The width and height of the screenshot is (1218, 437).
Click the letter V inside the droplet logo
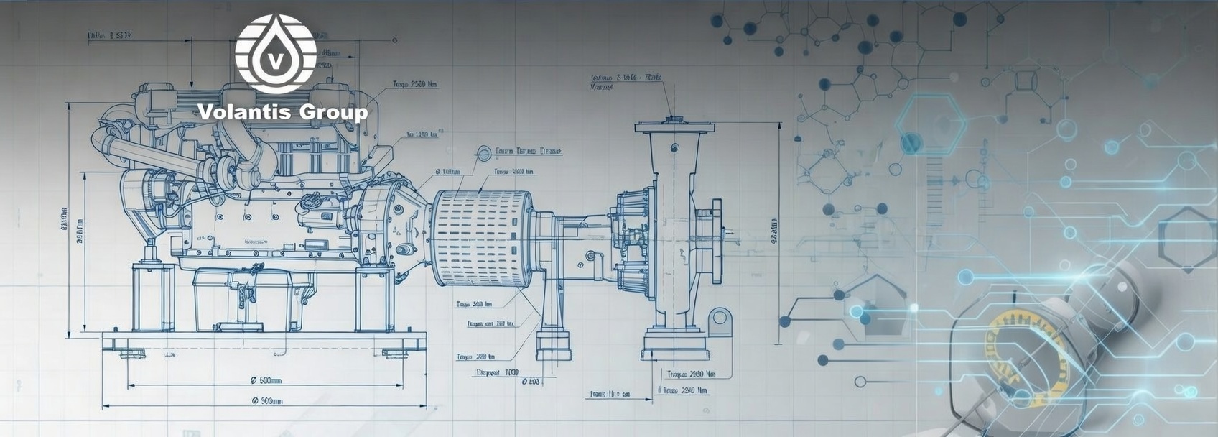point(275,58)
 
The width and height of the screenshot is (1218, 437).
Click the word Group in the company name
point(333,113)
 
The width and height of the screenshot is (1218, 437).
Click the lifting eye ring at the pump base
point(720,318)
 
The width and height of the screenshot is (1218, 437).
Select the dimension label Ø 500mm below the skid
point(265,379)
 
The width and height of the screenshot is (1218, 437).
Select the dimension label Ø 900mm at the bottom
point(266,400)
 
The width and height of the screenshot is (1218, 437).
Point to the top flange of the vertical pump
point(674,128)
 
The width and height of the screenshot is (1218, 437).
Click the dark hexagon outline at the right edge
point(1186,239)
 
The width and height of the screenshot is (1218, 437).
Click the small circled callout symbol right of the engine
point(483,152)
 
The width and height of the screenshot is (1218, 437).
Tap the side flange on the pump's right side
point(715,241)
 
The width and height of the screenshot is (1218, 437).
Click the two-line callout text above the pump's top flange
point(625,81)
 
